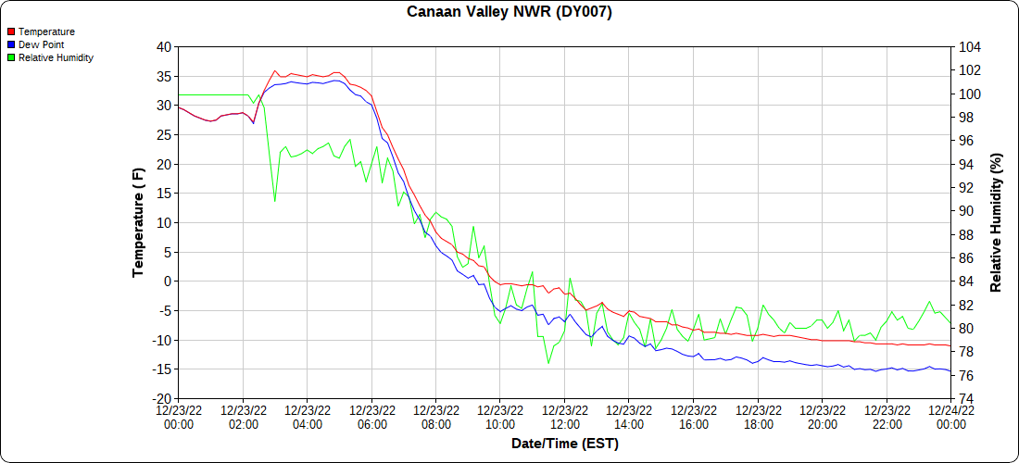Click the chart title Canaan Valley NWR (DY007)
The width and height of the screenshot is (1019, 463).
[x=509, y=12]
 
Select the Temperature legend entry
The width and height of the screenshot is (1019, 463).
[x=46, y=31]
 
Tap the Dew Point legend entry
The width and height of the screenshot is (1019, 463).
[x=41, y=44]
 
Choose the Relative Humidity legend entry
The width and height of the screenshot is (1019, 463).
[x=56, y=57]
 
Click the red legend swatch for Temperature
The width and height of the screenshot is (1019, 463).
[x=11, y=31]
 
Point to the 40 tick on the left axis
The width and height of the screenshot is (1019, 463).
[x=164, y=47]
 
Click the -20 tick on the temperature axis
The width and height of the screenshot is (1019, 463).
[x=161, y=399]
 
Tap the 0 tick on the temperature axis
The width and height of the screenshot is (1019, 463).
[x=168, y=282]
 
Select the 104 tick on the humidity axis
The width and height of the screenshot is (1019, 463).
[x=970, y=47]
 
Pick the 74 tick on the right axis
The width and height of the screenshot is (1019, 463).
[x=966, y=399]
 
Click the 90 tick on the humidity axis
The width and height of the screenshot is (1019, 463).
[x=966, y=211]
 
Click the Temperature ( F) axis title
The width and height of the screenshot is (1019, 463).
[x=139, y=222]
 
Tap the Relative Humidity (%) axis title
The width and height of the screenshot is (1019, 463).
[x=997, y=222]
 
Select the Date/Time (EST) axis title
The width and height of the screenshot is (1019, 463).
[x=564, y=444]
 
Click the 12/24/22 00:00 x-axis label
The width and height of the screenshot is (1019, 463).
[x=950, y=417]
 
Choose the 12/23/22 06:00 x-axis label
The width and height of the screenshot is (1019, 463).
[x=371, y=417]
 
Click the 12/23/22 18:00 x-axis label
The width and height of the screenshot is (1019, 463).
[x=758, y=417]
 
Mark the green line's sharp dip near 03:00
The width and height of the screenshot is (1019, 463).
[x=274, y=201]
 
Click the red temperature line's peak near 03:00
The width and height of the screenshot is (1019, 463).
[x=274, y=70]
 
